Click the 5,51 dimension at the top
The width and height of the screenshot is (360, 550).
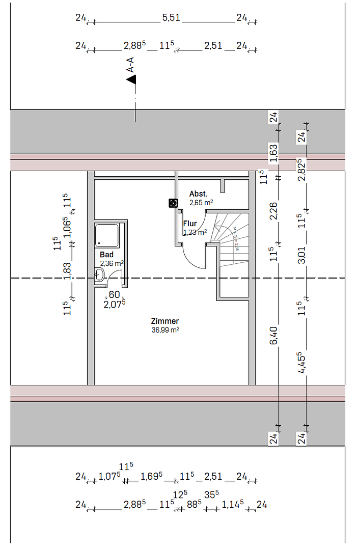(x=171, y=18)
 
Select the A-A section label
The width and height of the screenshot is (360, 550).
(x=131, y=65)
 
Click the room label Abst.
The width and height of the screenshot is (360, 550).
(x=198, y=194)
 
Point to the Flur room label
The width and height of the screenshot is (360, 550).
(x=190, y=224)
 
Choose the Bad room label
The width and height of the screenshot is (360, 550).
(x=106, y=255)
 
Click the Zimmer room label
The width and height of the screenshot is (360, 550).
(x=164, y=321)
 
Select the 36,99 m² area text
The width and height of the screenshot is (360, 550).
(x=164, y=330)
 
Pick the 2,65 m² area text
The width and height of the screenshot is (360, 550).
(x=201, y=203)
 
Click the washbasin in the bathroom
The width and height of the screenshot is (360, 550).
(x=99, y=276)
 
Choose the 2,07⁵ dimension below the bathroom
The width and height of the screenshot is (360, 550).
(x=115, y=304)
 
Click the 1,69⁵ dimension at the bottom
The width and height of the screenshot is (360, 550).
(x=151, y=477)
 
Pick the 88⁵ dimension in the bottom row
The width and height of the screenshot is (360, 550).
(x=193, y=505)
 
